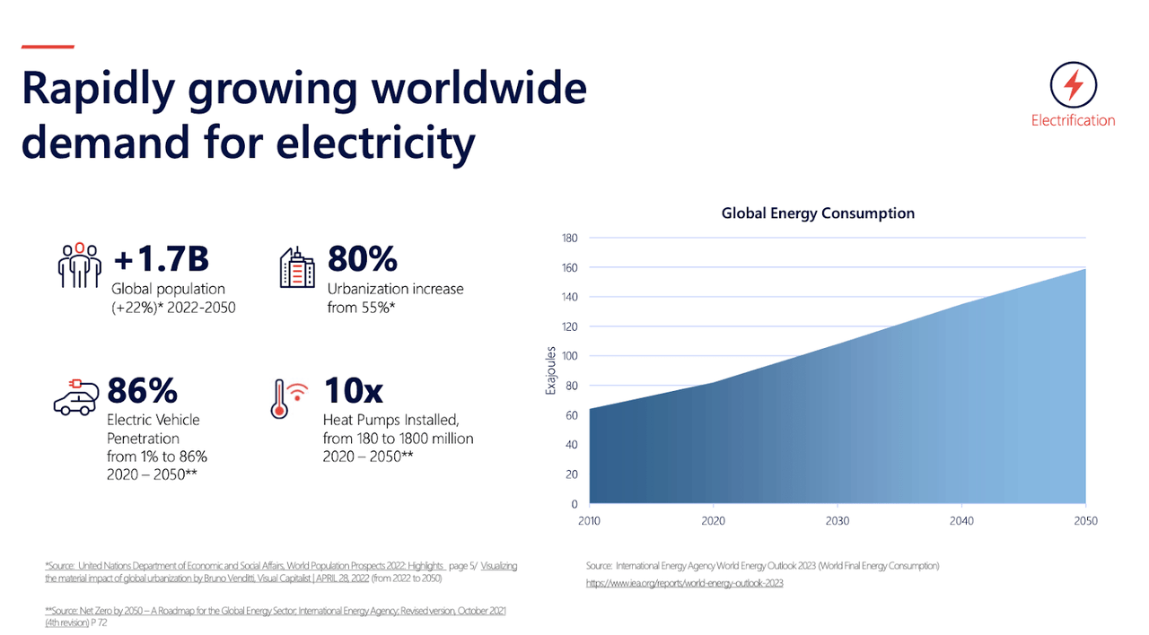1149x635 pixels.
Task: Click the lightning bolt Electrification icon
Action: pos(1073,86)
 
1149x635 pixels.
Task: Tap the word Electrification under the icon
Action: pos(1073,120)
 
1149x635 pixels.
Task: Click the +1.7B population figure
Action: pos(161,259)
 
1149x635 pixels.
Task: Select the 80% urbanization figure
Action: pos(362,259)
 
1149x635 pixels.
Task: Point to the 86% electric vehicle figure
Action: pos(142,391)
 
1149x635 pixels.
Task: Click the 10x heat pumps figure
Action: pos(353,391)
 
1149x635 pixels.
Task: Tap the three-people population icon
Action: pos(80,265)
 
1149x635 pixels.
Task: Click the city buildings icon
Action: pos(297,266)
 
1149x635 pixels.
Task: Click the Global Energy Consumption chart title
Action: pos(818,213)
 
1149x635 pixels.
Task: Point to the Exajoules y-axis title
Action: pos(551,371)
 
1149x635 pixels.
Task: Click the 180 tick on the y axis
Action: pos(570,238)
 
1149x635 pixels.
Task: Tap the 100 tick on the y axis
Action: pos(570,356)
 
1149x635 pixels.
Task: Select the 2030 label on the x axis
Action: pos(837,521)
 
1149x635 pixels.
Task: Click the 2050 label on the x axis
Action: pos(1084,521)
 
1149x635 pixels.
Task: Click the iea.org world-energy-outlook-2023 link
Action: pos(685,583)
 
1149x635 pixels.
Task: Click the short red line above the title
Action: pos(48,47)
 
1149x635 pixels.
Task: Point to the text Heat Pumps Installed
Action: pos(390,420)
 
